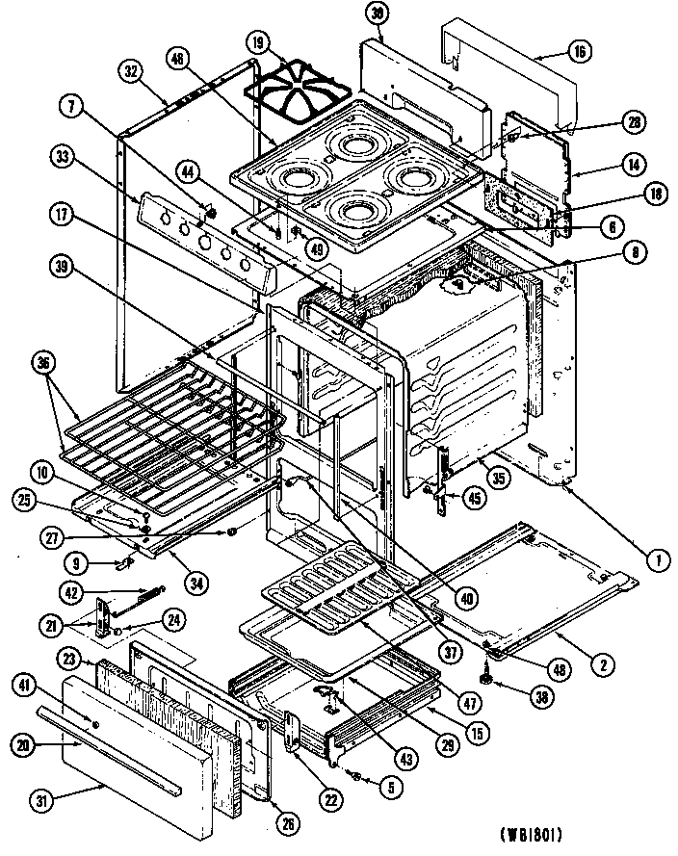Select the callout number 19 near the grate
tap(258, 43)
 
